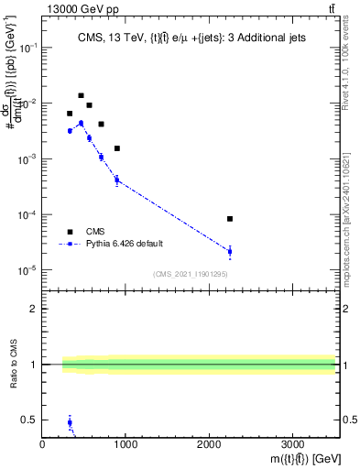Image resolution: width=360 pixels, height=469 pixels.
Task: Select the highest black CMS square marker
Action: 81,95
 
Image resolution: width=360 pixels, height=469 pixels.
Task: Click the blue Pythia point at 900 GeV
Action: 117,180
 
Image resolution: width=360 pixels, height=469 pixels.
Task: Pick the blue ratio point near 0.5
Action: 70,422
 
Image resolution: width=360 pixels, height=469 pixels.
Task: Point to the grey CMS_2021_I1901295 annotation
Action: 191,274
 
